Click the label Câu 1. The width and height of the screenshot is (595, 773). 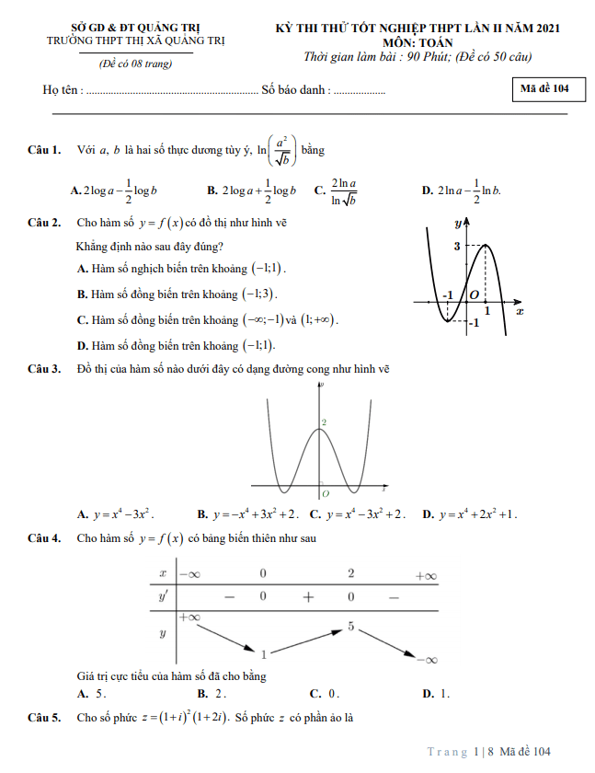pos(44,149)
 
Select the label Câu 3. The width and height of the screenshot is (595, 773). pos(44,369)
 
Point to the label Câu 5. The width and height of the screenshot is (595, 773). pos(44,716)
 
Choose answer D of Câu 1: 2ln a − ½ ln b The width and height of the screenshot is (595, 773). pos(461,190)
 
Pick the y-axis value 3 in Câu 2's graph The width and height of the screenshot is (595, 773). pos(456,246)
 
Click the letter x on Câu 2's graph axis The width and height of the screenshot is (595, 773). pos(520,311)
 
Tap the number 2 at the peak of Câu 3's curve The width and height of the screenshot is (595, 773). pos(323,421)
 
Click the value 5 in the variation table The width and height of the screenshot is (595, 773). pos(350,627)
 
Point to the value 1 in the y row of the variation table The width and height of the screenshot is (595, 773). pos(264,654)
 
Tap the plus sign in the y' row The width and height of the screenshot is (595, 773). pos(308,596)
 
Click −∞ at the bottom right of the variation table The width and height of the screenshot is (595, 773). pos(425,659)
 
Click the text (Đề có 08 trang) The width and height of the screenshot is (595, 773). pos(135,63)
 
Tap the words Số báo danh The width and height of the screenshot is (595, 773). pos(293,90)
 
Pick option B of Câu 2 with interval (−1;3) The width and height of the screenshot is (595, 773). pos(177,294)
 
